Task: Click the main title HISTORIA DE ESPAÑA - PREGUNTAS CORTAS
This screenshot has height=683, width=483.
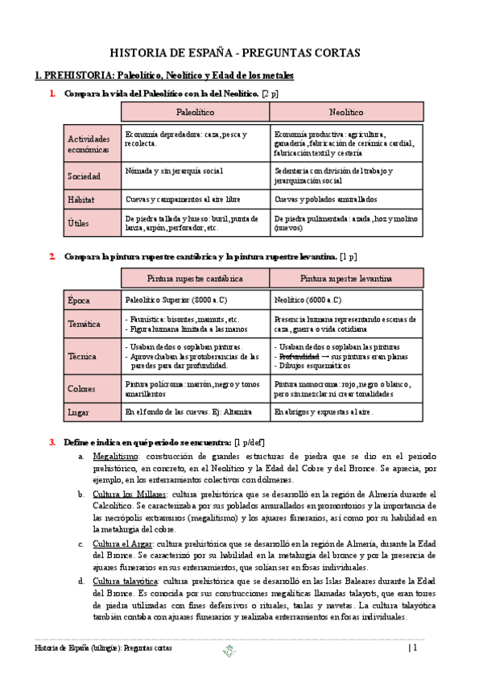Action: pyautogui.click(x=234, y=53)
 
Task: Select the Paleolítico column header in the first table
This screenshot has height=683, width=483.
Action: pyautogui.click(x=195, y=113)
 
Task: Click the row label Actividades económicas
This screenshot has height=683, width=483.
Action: pyautogui.click(x=89, y=144)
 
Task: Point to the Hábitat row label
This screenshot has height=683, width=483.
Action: pyautogui.click(x=82, y=198)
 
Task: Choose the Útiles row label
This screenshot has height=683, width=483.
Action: pyautogui.click(x=80, y=222)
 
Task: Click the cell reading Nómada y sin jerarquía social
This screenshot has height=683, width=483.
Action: pyautogui.click(x=175, y=171)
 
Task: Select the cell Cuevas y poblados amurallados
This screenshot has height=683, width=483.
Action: pyautogui.click(x=325, y=198)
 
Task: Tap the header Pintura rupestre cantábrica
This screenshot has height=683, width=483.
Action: pyautogui.click(x=195, y=279)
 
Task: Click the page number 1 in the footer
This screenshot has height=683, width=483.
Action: pyautogui.click(x=415, y=647)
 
